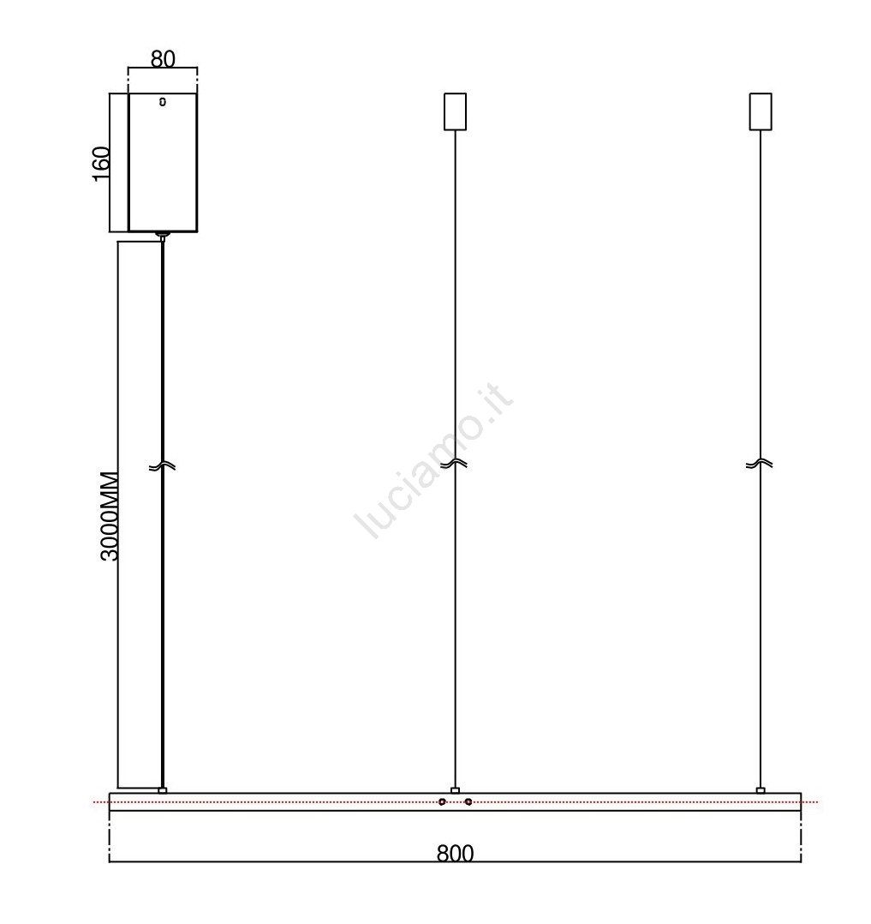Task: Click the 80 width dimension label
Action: (x=163, y=59)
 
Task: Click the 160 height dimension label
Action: (x=101, y=164)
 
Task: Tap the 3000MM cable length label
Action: (x=110, y=516)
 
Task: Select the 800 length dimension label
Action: (x=456, y=854)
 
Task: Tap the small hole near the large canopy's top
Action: (x=163, y=102)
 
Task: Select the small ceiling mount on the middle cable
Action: (x=456, y=111)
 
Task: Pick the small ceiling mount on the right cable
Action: (x=761, y=111)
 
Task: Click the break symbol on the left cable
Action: (x=162, y=466)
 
